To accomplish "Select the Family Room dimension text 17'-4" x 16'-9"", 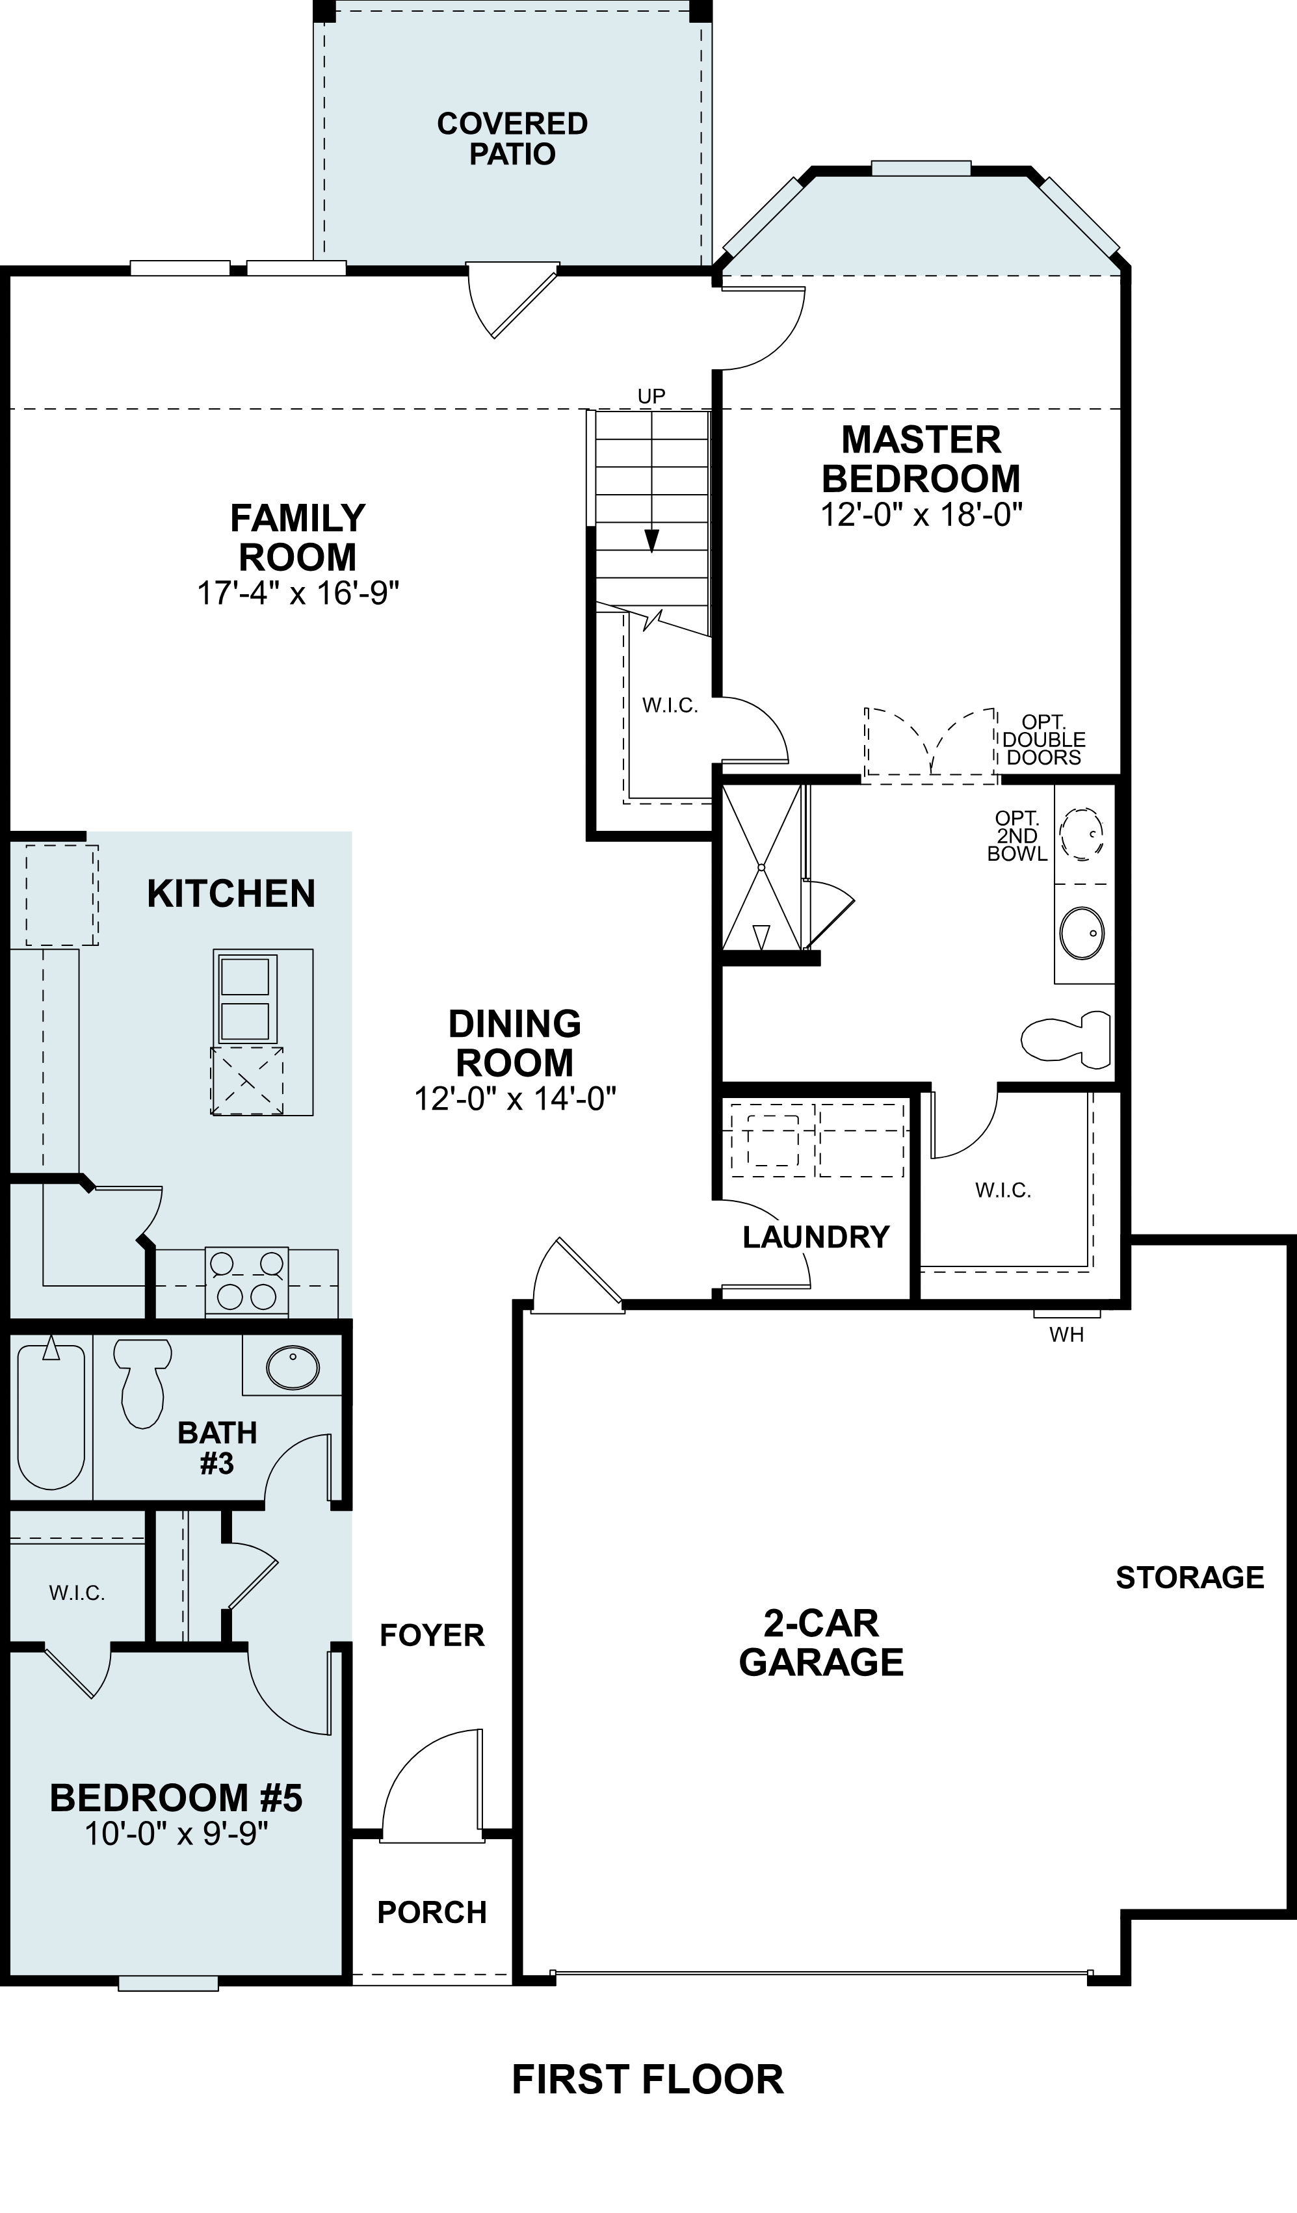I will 298,594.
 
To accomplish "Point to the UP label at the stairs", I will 651,396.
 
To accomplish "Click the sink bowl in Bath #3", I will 293,1367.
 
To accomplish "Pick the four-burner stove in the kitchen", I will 247,1281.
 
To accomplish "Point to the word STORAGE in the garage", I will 1190,1577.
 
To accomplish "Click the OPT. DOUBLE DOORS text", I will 1044,740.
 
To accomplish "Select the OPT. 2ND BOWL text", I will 1017,836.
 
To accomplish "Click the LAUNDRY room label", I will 816,1237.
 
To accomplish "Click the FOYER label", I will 432,1635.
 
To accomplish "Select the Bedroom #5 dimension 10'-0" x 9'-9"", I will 176,1835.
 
